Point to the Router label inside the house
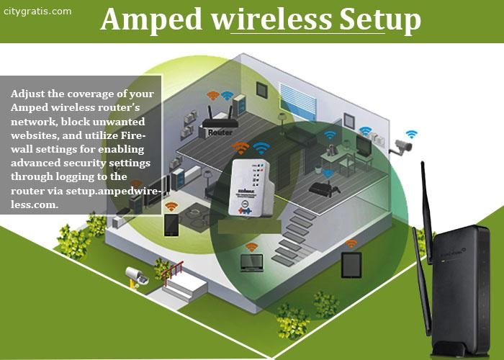click(x=219, y=132)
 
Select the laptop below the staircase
click(x=252, y=263)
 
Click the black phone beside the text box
click(x=171, y=225)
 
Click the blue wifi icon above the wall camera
click(x=411, y=135)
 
